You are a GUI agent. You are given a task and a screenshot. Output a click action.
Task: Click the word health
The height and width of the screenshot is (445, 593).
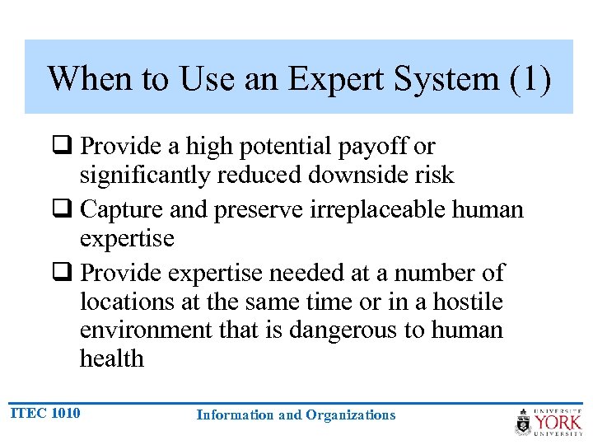[111, 359]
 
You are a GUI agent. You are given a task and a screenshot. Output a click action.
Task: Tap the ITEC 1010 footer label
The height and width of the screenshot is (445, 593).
[46, 412]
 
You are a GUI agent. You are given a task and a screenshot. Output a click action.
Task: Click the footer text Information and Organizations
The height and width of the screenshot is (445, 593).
[296, 415]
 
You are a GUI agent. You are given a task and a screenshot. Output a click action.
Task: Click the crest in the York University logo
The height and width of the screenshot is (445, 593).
[523, 421]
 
